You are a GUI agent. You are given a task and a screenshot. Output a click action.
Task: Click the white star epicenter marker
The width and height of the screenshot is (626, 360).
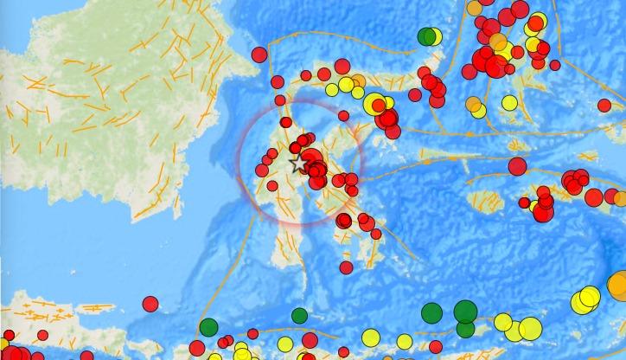(297, 163)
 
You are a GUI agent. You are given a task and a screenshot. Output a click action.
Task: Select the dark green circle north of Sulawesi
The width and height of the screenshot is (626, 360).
(426, 36)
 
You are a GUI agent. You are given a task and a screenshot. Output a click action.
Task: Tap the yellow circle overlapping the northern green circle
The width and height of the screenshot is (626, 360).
(434, 37)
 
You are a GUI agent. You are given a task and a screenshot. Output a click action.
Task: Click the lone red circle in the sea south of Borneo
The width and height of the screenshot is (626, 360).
(150, 304)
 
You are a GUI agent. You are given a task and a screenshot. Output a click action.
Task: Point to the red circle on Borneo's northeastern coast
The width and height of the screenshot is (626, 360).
(259, 55)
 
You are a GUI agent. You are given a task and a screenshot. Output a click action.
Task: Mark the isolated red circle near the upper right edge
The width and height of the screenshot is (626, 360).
(604, 105)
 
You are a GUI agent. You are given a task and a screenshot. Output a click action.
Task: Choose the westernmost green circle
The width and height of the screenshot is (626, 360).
(208, 327)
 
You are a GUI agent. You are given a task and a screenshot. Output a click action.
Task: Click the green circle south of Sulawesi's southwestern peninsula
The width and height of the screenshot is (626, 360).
(299, 316)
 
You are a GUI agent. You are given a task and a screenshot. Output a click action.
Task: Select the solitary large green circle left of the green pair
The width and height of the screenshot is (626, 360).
(431, 312)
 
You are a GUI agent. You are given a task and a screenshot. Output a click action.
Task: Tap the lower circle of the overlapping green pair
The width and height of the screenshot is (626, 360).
(465, 328)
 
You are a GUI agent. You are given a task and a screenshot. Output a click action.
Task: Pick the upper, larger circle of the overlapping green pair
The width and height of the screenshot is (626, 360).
(465, 311)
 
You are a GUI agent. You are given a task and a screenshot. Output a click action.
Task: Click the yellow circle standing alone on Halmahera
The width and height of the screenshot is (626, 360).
(509, 103)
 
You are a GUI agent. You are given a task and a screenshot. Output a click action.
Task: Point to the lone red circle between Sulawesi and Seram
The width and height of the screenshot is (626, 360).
(517, 166)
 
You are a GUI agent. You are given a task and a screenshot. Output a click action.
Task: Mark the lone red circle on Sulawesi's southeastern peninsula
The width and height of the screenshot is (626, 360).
(346, 267)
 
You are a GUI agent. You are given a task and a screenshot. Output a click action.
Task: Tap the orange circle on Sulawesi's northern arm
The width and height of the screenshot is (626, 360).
(357, 81)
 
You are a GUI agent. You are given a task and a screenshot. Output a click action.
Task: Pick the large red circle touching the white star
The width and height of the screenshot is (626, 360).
(310, 159)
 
